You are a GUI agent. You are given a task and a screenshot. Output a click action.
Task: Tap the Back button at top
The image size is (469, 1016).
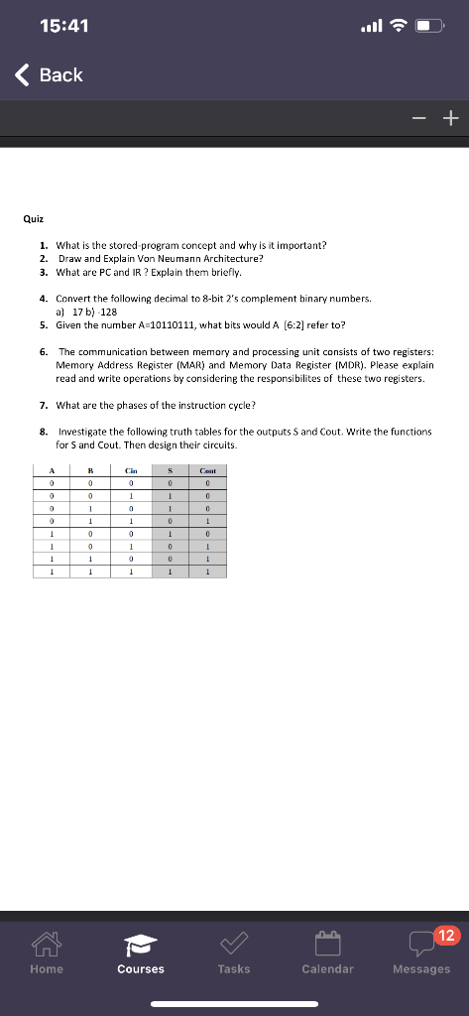[x=50, y=75]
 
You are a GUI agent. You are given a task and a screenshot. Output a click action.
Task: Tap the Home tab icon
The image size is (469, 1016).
[x=47, y=953]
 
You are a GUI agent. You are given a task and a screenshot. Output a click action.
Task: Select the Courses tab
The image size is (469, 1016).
[x=141, y=953]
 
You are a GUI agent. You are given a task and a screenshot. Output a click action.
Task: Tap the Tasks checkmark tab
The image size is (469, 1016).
[x=234, y=953]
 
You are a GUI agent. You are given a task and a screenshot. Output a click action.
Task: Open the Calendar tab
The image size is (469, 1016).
[x=327, y=953]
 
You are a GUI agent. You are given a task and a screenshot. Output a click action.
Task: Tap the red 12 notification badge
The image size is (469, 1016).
[x=447, y=936]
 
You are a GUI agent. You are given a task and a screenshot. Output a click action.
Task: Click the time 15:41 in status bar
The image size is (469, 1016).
[x=68, y=27]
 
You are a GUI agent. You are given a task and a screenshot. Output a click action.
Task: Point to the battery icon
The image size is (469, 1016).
[x=428, y=27]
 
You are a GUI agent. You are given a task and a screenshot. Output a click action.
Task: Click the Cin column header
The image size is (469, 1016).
[x=131, y=471]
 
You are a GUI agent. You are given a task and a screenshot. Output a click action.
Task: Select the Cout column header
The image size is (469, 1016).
[x=208, y=471]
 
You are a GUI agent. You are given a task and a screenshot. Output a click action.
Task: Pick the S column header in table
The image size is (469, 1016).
[x=170, y=471]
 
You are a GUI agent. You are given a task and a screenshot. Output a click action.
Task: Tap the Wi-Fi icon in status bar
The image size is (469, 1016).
[x=396, y=27]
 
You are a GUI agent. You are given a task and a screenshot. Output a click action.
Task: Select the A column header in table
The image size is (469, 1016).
[x=51, y=471]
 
